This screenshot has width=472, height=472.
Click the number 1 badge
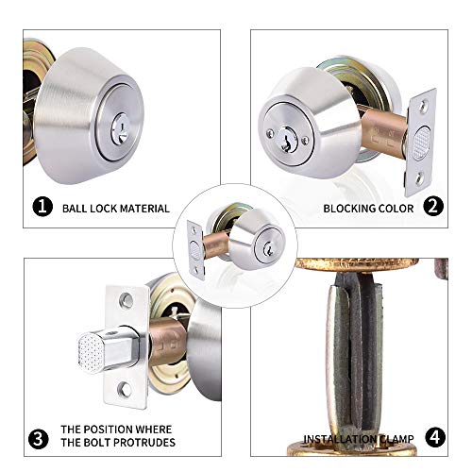point(41,207)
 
